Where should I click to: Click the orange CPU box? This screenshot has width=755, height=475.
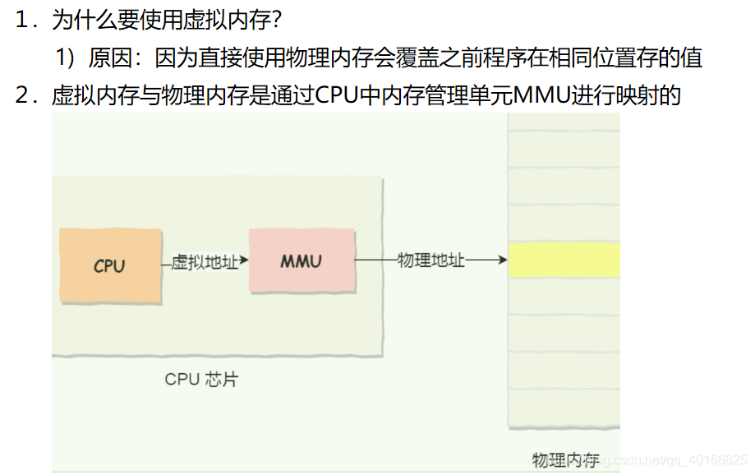coord(110,265)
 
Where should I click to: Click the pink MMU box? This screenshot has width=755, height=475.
coord(302,261)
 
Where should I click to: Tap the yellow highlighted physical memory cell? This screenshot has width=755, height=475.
coord(564,260)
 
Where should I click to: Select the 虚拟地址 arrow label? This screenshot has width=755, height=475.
coord(205,262)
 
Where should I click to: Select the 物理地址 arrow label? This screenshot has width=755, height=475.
coord(431,261)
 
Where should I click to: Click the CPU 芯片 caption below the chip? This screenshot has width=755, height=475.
coord(201,380)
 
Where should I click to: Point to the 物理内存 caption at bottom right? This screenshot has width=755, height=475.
coord(565,459)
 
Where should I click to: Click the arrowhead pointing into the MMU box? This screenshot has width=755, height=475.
coord(244,262)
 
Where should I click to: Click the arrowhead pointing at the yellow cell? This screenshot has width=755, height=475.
coord(502,261)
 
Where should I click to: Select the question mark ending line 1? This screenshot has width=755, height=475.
coord(276,19)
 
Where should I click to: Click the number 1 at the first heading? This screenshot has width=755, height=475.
coord(22,19)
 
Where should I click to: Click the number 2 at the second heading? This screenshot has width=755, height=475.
coord(22,95)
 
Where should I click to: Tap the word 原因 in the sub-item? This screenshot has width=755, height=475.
coord(109,58)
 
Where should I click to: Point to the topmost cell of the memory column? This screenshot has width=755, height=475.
coord(564,122)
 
